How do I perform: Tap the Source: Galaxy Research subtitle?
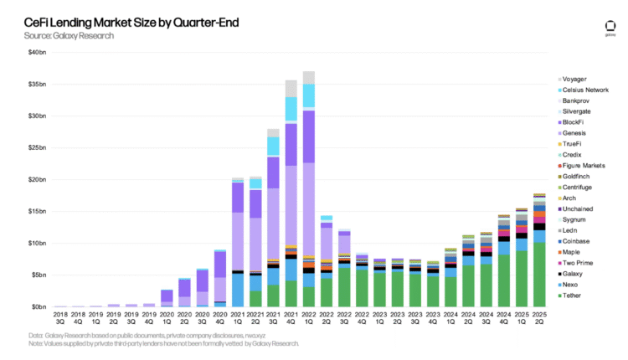[x=70, y=36]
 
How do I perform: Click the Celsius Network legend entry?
[x=586, y=89]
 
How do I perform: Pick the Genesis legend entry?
[x=576, y=132]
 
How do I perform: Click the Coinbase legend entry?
[x=578, y=241]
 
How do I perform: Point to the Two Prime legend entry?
[x=579, y=264]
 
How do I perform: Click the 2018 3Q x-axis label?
[x=59, y=319]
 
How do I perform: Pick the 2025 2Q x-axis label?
[x=539, y=319]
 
